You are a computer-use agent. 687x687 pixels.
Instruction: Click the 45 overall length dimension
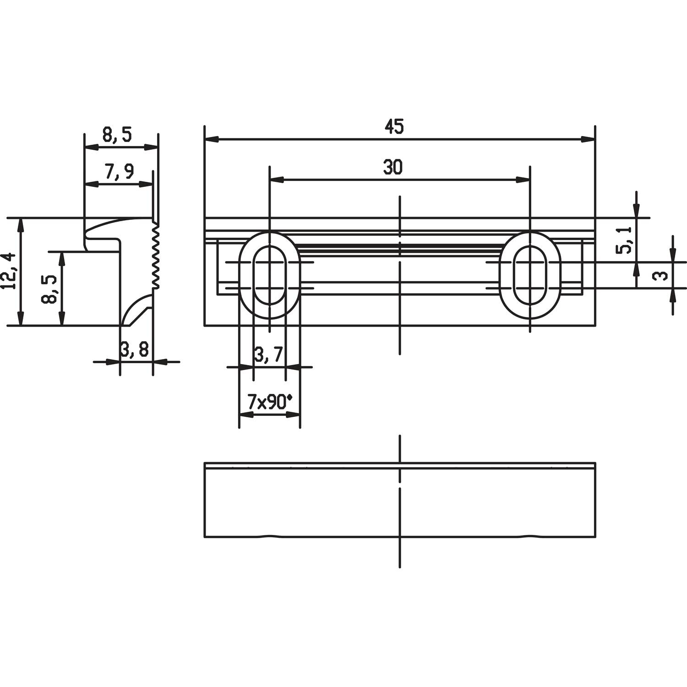coord(394,126)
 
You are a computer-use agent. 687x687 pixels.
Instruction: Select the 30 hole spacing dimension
coord(393,168)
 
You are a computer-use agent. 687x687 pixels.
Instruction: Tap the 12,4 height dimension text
coord(9,271)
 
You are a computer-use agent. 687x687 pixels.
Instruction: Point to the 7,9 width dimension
coord(119,172)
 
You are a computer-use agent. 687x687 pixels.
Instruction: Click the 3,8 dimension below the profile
coord(135,350)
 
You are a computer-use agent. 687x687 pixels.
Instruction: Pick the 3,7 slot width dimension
coord(268,355)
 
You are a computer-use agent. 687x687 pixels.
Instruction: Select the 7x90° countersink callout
coord(269,402)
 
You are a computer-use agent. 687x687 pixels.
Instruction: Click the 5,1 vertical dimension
coord(624,240)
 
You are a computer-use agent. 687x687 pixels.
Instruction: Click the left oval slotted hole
coord(269,275)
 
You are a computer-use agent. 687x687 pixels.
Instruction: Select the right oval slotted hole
coord(530,275)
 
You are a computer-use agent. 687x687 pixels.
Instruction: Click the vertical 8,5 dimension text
coord(49,289)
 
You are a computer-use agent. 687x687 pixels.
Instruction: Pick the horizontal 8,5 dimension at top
coord(117,135)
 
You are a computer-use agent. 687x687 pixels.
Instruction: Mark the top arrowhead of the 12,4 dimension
coord(20,224)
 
